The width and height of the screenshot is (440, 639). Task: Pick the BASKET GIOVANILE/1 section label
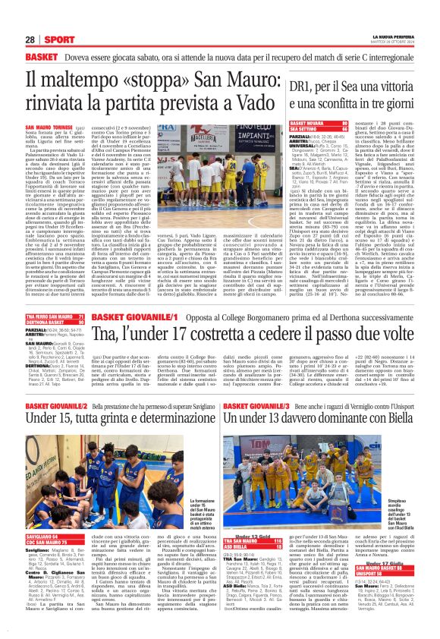(124, 274)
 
